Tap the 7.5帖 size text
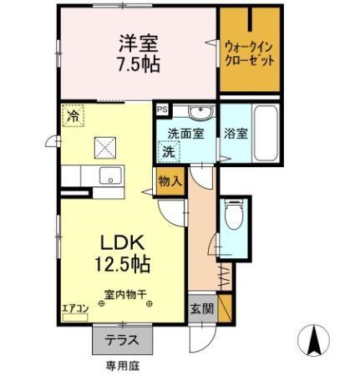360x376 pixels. [x=139, y=64]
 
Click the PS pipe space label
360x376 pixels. [x=161, y=109]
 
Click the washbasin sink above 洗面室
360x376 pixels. [x=198, y=114]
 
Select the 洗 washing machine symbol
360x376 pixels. [x=169, y=153]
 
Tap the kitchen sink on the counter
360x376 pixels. [x=109, y=175]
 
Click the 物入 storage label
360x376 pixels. [x=169, y=180]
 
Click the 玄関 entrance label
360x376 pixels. [x=200, y=307]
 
